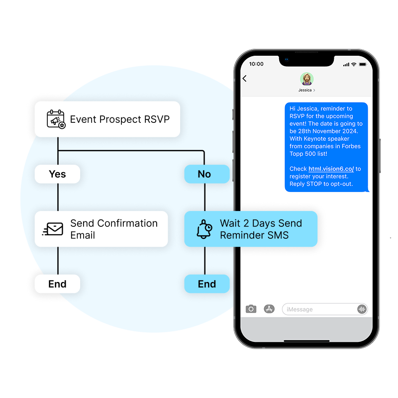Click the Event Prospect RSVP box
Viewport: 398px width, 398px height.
click(107, 119)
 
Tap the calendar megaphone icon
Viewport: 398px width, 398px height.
click(56, 119)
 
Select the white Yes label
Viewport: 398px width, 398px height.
click(57, 174)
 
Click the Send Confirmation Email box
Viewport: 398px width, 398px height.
click(101, 229)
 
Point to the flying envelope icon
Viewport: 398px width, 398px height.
click(53, 229)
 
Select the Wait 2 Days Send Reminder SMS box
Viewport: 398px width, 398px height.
click(251, 229)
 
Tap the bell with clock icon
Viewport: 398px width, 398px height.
click(204, 229)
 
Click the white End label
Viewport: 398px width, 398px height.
click(57, 284)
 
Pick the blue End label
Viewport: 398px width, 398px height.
click(206, 284)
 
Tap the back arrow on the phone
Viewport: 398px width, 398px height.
click(245, 79)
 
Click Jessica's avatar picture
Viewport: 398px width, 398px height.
click(306, 79)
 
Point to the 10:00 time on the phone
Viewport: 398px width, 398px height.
click(256, 64)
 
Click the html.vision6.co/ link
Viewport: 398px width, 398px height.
click(331, 169)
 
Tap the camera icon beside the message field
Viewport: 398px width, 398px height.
click(251, 309)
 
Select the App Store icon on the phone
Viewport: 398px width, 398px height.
click(269, 309)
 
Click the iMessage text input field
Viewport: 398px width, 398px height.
click(318, 309)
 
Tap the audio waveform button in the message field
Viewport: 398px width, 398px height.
click(362, 309)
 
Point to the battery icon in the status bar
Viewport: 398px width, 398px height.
click(363, 64)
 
